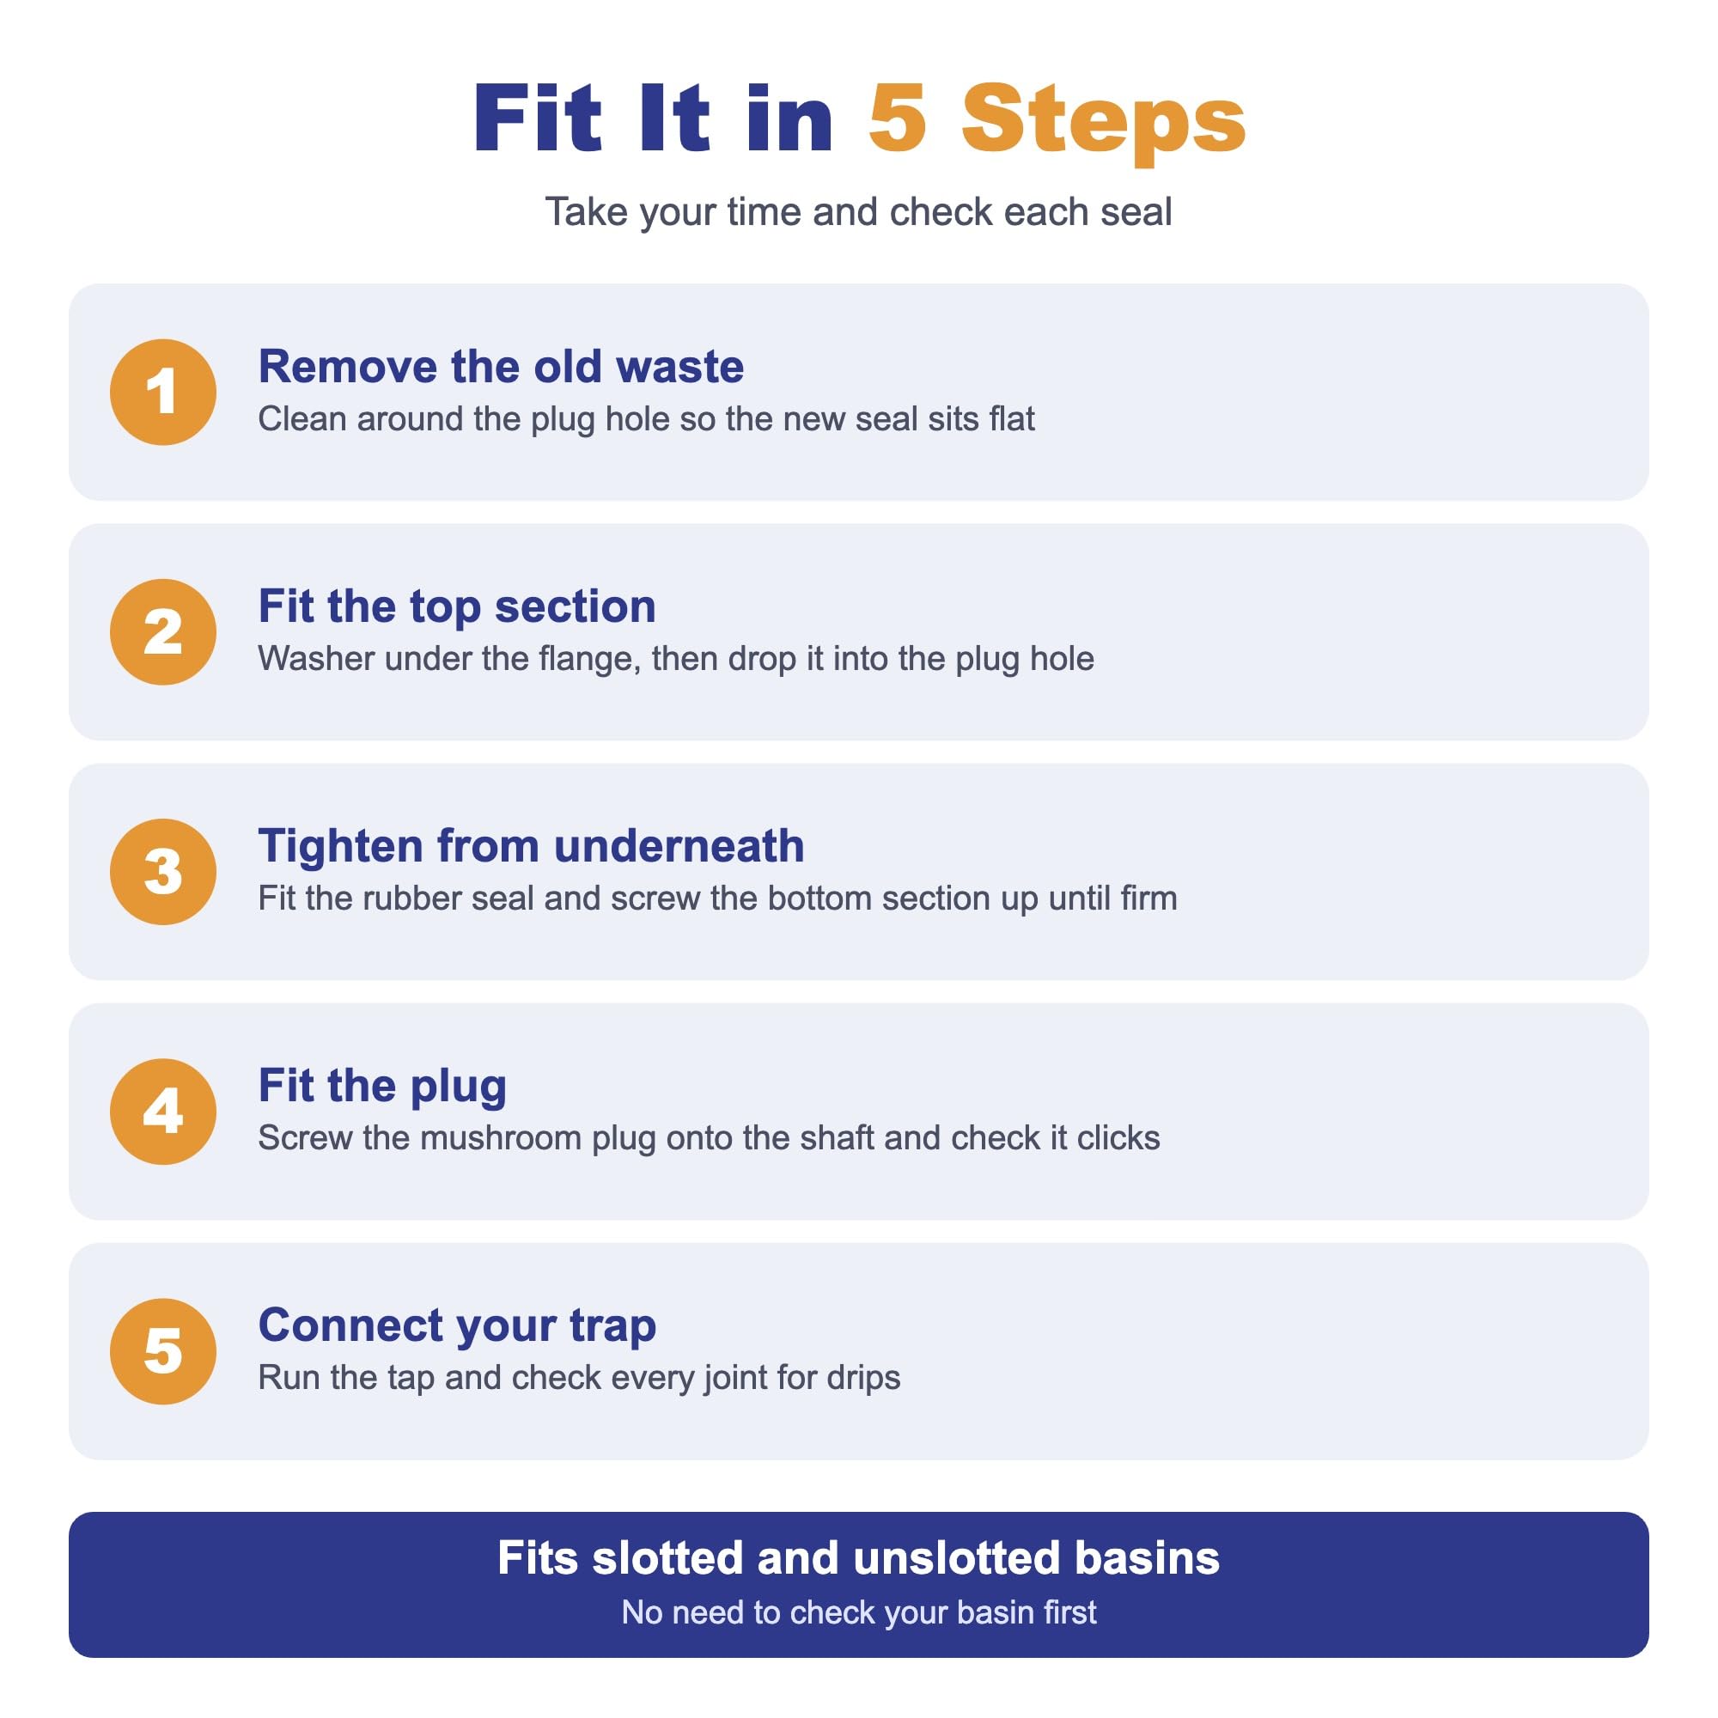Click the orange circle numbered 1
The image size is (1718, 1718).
(x=162, y=393)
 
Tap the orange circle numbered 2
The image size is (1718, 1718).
(x=162, y=632)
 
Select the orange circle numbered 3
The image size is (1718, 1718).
(x=162, y=871)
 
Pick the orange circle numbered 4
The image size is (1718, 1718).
(x=162, y=1112)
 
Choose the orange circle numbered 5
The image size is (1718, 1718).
(x=162, y=1350)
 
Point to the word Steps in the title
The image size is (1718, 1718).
(x=1104, y=124)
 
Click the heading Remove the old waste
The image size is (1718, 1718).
(x=501, y=367)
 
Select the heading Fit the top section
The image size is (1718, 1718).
(x=457, y=607)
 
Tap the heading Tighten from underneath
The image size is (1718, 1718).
(x=531, y=845)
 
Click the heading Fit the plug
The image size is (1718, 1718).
(x=382, y=1087)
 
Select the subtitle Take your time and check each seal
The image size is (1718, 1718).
(x=858, y=212)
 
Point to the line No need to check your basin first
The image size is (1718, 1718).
(x=858, y=1612)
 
